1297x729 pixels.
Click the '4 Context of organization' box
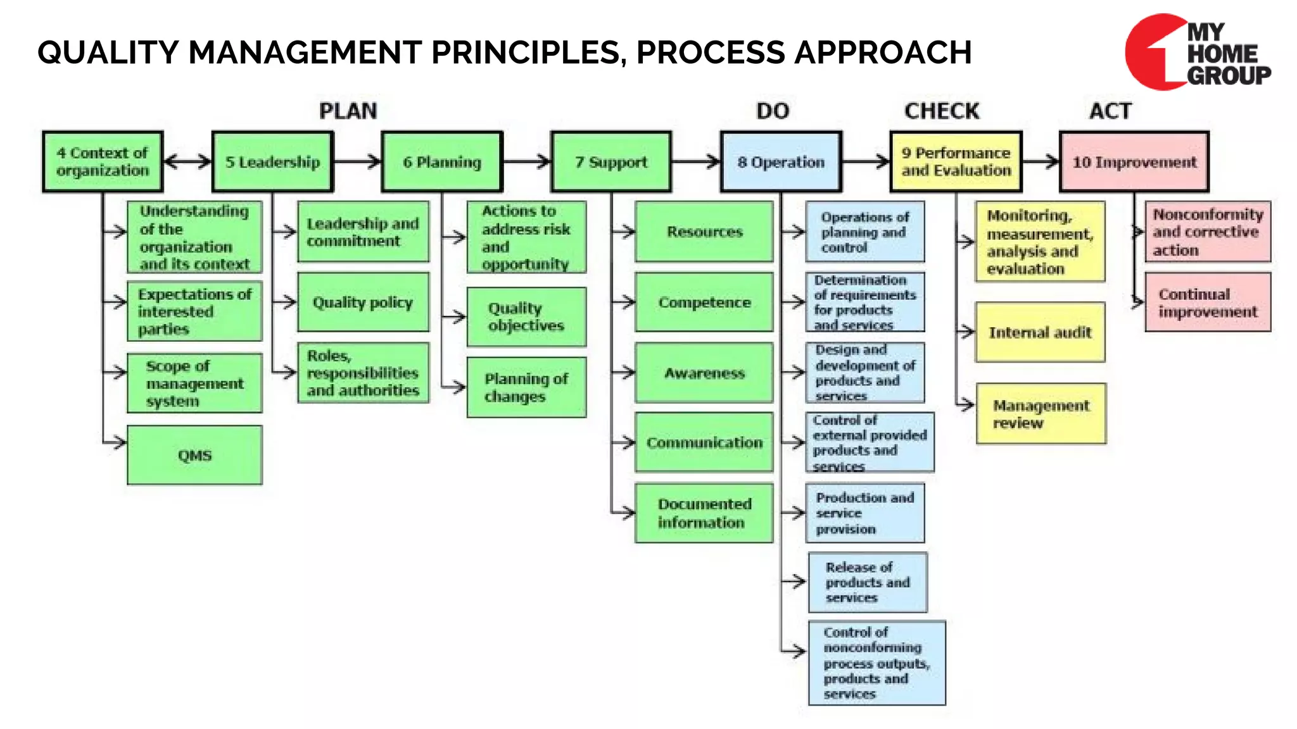pyautogui.click(x=103, y=162)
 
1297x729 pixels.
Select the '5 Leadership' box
pyautogui.click(x=272, y=162)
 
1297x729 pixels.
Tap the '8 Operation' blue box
pyautogui.click(x=781, y=162)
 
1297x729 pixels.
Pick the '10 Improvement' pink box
pyautogui.click(x=1134, y=162)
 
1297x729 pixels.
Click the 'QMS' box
pyautogui.click(x=194, y=455)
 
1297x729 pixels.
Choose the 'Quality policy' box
pyautogui.click(x=363, y=302)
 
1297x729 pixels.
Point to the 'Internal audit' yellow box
pyautogui.click(x=1040, y=332)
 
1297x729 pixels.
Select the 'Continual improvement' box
pyautogui.click(x=1207, y=302)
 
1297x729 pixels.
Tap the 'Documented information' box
pyautogui.click(x=704, y=513)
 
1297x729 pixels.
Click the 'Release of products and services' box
pyautogui.click(x=867, y=582)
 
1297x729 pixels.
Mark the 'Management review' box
pyautogui.click(x=1041, y=414)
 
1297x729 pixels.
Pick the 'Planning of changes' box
pyautogui.click(x=526, y=387)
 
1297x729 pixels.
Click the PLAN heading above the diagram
pyautogui.click(x=348, y=111)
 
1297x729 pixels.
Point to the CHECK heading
pyautogui.click(x=942, y=111)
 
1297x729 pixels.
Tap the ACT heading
pyautogui.click(x=1110, y=111)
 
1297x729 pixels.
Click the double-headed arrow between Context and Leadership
pyautogui.click(x=187, y=162)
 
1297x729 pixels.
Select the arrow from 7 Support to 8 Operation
pyautogui.click(x=695, y=162)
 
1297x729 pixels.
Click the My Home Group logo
pyautogui.click(x=1197, y=53)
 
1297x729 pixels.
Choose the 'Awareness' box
pyautogui.click(x=704, y=373)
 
